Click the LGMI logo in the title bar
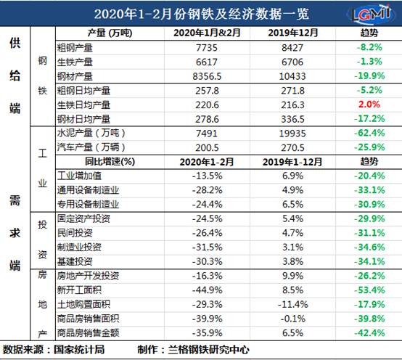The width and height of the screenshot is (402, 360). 371,13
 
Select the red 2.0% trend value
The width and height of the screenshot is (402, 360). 369,105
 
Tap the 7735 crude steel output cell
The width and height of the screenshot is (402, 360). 207,48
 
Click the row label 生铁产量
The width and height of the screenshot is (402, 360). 75,62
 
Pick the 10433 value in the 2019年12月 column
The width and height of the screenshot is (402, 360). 292,76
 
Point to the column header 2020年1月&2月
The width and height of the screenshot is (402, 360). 207,33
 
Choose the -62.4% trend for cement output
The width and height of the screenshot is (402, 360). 369,133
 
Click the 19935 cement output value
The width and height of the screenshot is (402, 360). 292,134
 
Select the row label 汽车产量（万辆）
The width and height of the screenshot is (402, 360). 91,147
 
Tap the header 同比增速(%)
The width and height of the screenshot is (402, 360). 110,162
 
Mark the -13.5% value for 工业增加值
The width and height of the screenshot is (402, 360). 207,176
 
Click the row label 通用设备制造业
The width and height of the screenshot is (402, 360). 89,190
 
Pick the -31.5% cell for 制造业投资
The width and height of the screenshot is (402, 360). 207,247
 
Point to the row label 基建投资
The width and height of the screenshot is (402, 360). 75,261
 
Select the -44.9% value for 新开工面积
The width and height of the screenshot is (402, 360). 207,290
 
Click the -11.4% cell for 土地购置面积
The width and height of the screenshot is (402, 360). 292,305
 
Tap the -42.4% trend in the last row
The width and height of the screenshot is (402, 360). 369,333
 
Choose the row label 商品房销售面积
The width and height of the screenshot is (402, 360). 89,319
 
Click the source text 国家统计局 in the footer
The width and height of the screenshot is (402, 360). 79,350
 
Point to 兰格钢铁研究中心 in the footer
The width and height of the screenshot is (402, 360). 209,350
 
